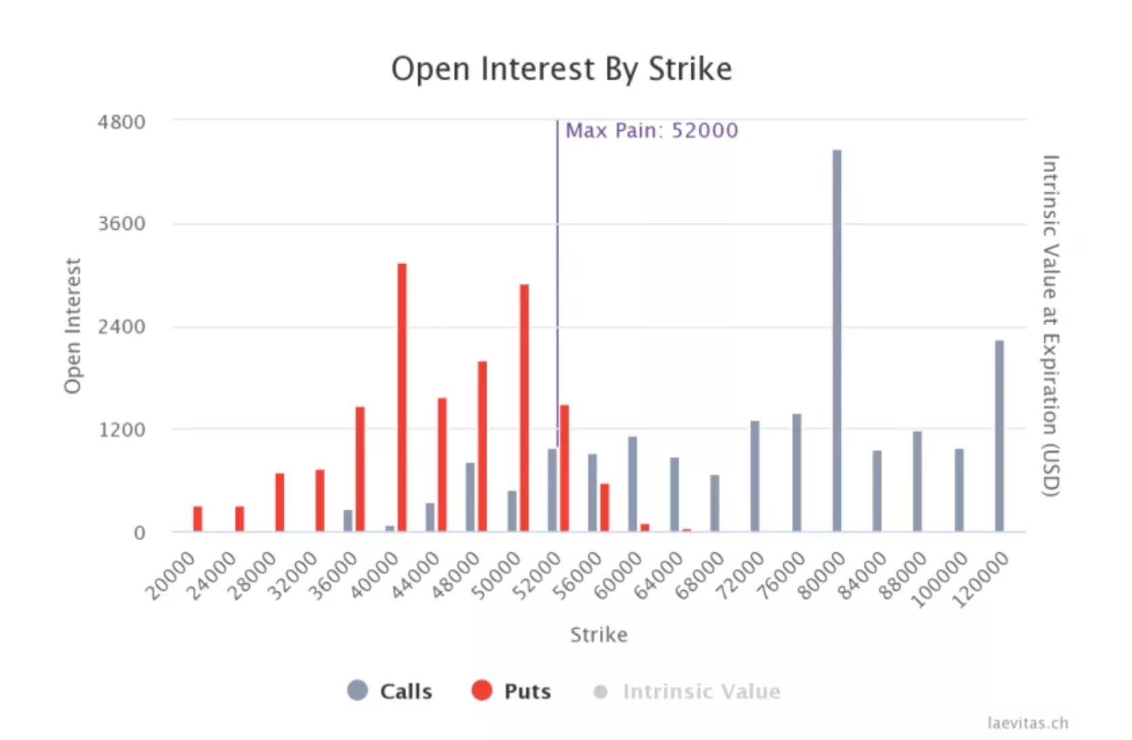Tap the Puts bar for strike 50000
point(524,407)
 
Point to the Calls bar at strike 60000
point(632,484)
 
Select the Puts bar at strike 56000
point(605,508)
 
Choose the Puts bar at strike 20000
point(198,518)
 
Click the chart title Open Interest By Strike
point(561,69)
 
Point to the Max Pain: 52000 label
point(651,130)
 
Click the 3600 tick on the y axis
point(122,224)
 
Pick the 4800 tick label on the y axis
point(122,123)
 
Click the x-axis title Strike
point(598,635)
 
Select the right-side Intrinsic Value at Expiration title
point(1049,325)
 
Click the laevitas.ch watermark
point(1028,723)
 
